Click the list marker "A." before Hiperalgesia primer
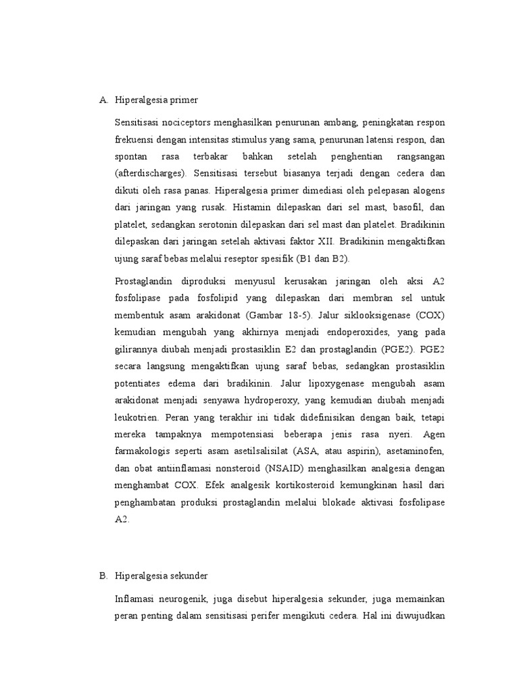(x=103, y=100)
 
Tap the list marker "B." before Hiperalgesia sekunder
(x=103, y=576)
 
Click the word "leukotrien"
(x=137, y=418)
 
